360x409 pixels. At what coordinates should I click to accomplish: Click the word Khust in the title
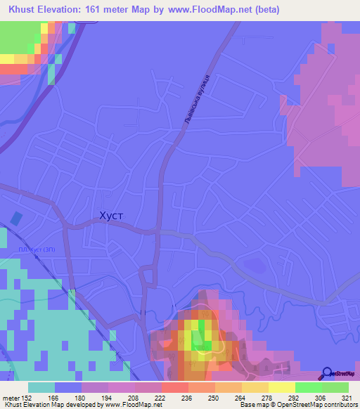[x=25, y=10]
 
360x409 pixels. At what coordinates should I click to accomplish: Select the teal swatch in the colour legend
[x=41, y=387]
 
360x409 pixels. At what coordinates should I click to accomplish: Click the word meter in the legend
[x=10, y=397]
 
